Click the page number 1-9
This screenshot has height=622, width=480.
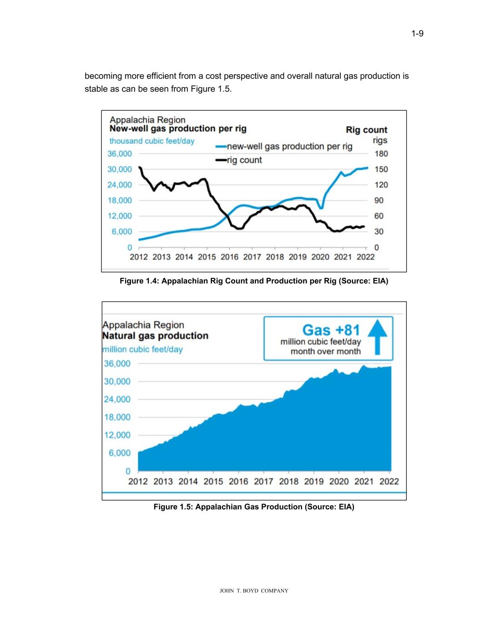pos(417,34)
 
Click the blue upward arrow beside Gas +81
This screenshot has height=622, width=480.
pos(377,336)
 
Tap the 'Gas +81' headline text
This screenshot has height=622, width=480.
pos(331,329)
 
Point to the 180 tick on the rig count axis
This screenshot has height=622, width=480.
pos(381,154)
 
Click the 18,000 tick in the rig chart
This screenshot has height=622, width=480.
pos(120,200)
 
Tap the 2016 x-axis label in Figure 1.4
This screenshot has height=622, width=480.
pos(229,257)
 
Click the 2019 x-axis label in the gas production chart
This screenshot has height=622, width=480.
pos(313,481)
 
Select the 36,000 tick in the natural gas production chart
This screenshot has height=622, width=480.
pos(117,364)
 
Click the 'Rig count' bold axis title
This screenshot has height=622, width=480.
pos(366,130)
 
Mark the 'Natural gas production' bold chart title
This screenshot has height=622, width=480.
pos(155,336)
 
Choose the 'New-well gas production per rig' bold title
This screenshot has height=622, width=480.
pos(178,129)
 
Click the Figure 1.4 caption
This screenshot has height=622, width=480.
pos(253,281)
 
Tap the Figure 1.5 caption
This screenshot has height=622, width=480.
pos(253,507)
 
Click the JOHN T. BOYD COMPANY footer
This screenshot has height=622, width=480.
pos(254,591)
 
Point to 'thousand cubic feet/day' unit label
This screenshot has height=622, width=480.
pos(152,141)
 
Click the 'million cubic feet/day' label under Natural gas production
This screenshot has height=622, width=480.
pos(142,350)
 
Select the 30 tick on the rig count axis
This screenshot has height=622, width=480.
pos(379,231)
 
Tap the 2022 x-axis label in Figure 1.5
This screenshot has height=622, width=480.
pos(389,481)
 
